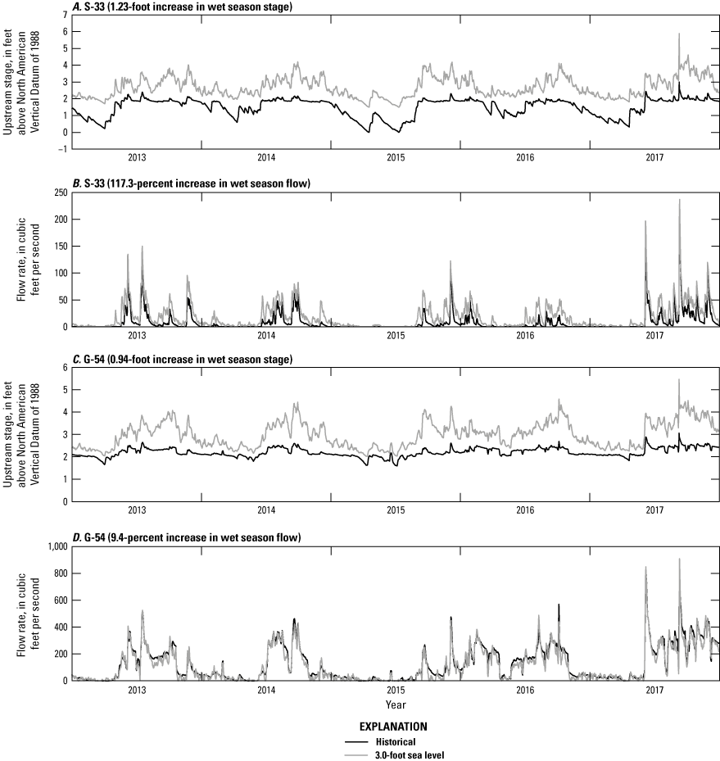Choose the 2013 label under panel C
pyautogui.click(x=137, y=510)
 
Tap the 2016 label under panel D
pyautogui.click(x=525, y=691)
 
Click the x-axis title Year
pyautogui.click(x=396, y=704)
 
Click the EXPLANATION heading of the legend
pyautogui.click(x=396, y=726)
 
